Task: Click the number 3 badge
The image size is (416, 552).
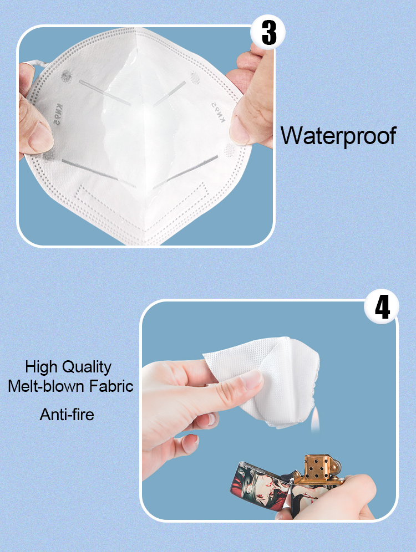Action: [268, 32]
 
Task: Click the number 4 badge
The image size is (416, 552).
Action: [382, 306]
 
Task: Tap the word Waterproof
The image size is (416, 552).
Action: [338, 136]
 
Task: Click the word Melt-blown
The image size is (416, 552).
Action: [46, 386]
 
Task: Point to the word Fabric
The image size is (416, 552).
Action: [111, 386]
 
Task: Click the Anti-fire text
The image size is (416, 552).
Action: [67, 414]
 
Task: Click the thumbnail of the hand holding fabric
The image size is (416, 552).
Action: [251, 380]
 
